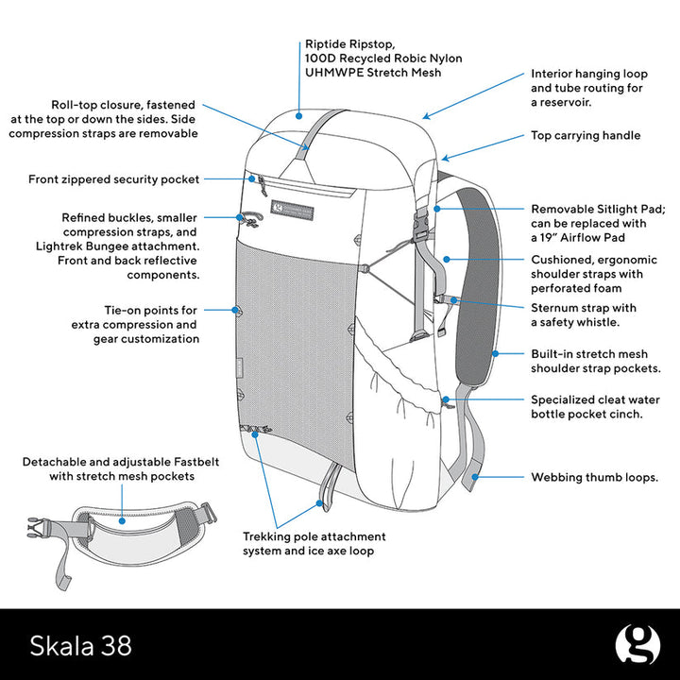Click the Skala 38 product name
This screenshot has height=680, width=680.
[x=81, y=645]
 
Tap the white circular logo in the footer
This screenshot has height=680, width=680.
[x=637, y=644]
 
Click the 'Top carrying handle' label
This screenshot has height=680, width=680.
[x=585, y=136]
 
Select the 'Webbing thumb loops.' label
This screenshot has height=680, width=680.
[x=594, y=478]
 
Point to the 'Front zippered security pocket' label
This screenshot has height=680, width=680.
[x=113, y=178]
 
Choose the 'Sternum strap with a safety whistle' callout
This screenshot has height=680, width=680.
[x=583, y=314]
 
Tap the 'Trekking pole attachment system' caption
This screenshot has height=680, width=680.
[x=314, y=543]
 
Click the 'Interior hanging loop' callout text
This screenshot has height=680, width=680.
[x=586, y=87]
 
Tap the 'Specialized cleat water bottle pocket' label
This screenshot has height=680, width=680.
[x=595, y=407]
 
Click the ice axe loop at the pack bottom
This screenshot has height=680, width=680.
[x=328, y=486]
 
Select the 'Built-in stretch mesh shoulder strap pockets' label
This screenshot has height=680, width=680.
[x=595, y=361]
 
